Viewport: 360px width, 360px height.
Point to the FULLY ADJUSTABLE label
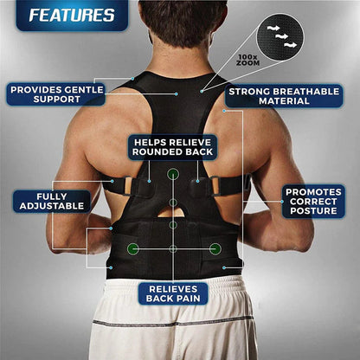(x=52, y=202)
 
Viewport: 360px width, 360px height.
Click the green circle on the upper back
(x=173, y=174)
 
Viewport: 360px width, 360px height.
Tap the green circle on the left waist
(x=132, y=248)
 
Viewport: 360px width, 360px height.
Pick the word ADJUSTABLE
(x=52, y=207)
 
